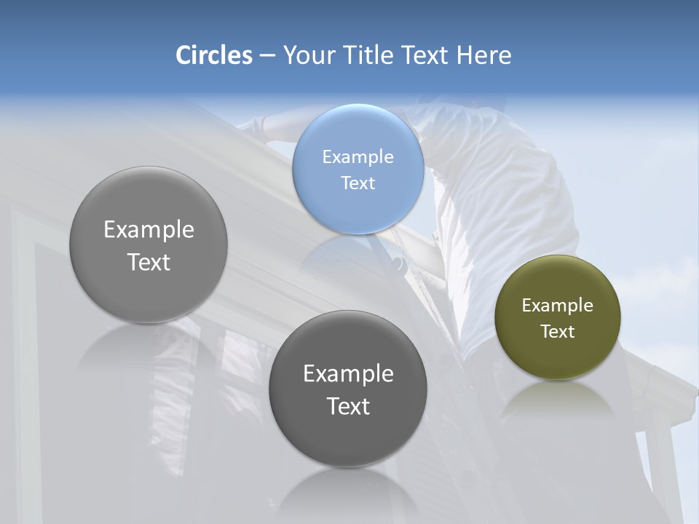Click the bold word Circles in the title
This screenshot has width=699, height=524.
click(x=214, y=55)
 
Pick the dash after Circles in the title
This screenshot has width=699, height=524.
click(x=267, y=56)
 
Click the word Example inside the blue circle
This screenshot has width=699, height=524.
click(x=358, y=156)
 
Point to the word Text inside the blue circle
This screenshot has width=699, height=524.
click(x=358, y=183)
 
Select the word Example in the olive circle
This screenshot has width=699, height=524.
click(x=558, y=305)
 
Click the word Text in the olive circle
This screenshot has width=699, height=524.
click(x=558, y=331)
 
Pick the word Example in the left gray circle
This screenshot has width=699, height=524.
click(x=149, y=229)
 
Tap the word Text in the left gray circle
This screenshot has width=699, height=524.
click(x=149, y=262)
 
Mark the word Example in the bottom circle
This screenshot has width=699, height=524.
click(x=348, y=373)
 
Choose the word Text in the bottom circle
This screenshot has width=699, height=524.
click(x=348, y=406)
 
